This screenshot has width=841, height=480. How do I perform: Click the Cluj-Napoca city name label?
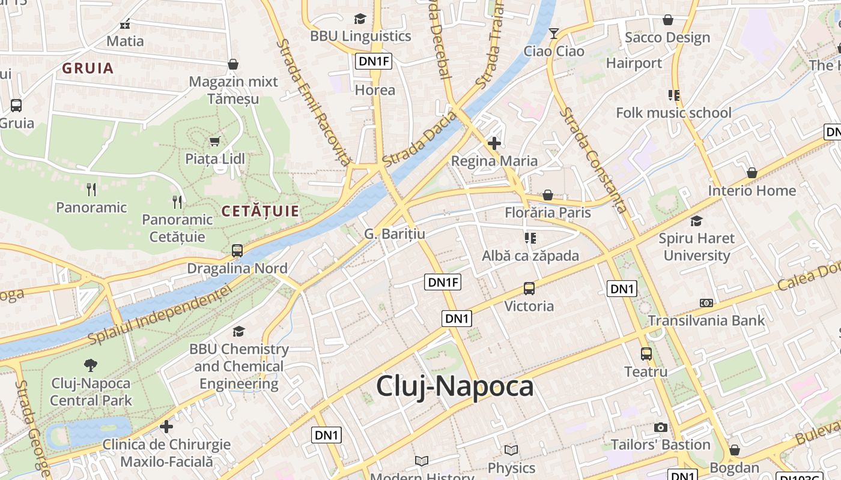(x=455, y=386)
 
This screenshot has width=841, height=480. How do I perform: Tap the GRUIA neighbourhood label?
(x=88, y=68)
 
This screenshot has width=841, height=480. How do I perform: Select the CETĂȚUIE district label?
(x=260, y=211)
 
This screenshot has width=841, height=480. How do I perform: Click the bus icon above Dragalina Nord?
(x=237, y=251)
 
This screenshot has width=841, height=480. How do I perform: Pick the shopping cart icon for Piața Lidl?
(x=214, y=142)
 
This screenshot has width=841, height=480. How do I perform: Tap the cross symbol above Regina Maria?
(x=494, y=143)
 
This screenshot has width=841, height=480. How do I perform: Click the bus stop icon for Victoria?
(x=529, y=289)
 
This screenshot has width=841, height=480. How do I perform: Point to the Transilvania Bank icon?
(x=706, y=303)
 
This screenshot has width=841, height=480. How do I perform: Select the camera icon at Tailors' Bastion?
(x=661, y=427)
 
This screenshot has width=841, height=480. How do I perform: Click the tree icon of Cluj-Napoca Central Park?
(x=91, y=365)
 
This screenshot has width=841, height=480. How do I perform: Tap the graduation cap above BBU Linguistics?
(x=360, y=19)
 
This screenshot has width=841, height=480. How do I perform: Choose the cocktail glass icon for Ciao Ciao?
(x=554, y=34)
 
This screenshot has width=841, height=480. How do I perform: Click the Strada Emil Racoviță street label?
(x=313, y=103)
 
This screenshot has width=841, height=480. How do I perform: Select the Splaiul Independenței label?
(x=160, y=314)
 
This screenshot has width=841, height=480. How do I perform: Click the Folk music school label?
(x=673, y=113)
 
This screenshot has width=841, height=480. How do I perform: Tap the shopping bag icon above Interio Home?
(x=751, y=173)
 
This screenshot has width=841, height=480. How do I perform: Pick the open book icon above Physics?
(x=511, y=450)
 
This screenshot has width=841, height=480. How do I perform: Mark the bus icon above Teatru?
(x=646, y=354)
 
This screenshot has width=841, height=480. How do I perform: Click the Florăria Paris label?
(x=548, y=212)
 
